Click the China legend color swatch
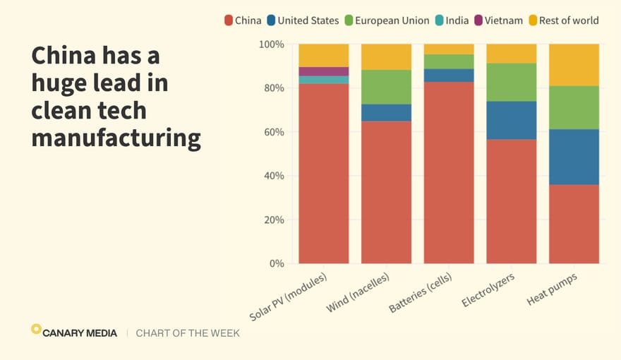pos(229,20)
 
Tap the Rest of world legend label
pos(569,20)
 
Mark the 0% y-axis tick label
pos(276,263)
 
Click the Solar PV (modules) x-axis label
pos(289,296)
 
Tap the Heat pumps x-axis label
pos(552,289)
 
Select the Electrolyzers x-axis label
pos(488,291)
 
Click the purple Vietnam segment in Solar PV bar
pos(323,71)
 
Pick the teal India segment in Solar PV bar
pos(323,80)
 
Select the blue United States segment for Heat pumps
pos(574,157)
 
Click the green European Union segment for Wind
pos(386,87)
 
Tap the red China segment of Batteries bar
pos(449,173)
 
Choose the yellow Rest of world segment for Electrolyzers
pos(511,54)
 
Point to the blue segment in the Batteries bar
pos(449,76)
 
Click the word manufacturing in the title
pos(116,137)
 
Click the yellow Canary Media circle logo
pos(36,329)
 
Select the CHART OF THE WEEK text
pos(188,333)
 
